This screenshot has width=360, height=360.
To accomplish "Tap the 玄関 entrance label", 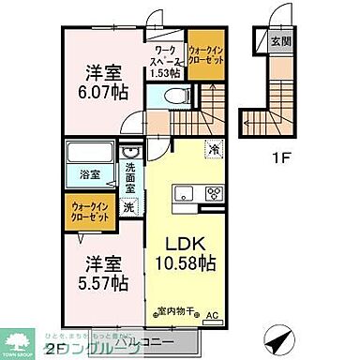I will coord(279,40).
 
